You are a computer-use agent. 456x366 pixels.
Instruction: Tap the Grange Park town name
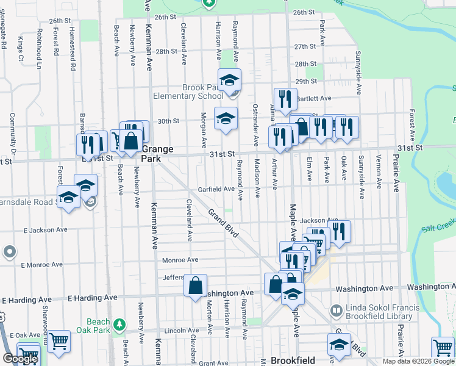pos(158,153)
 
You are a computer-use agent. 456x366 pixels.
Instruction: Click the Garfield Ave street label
pos(216,189)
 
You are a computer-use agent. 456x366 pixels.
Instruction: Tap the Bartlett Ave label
pos(313,98)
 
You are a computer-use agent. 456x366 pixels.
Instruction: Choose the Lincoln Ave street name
pos(183,330)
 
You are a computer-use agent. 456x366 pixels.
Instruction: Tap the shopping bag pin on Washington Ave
pos(196,285)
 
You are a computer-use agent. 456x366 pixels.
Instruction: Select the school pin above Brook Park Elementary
pos(230,80)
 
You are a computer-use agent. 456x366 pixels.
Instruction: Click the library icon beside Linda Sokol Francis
pos(335,311)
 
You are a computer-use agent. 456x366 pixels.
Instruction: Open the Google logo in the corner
pos(20,359)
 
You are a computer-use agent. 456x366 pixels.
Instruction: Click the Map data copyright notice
pos(418,361)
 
